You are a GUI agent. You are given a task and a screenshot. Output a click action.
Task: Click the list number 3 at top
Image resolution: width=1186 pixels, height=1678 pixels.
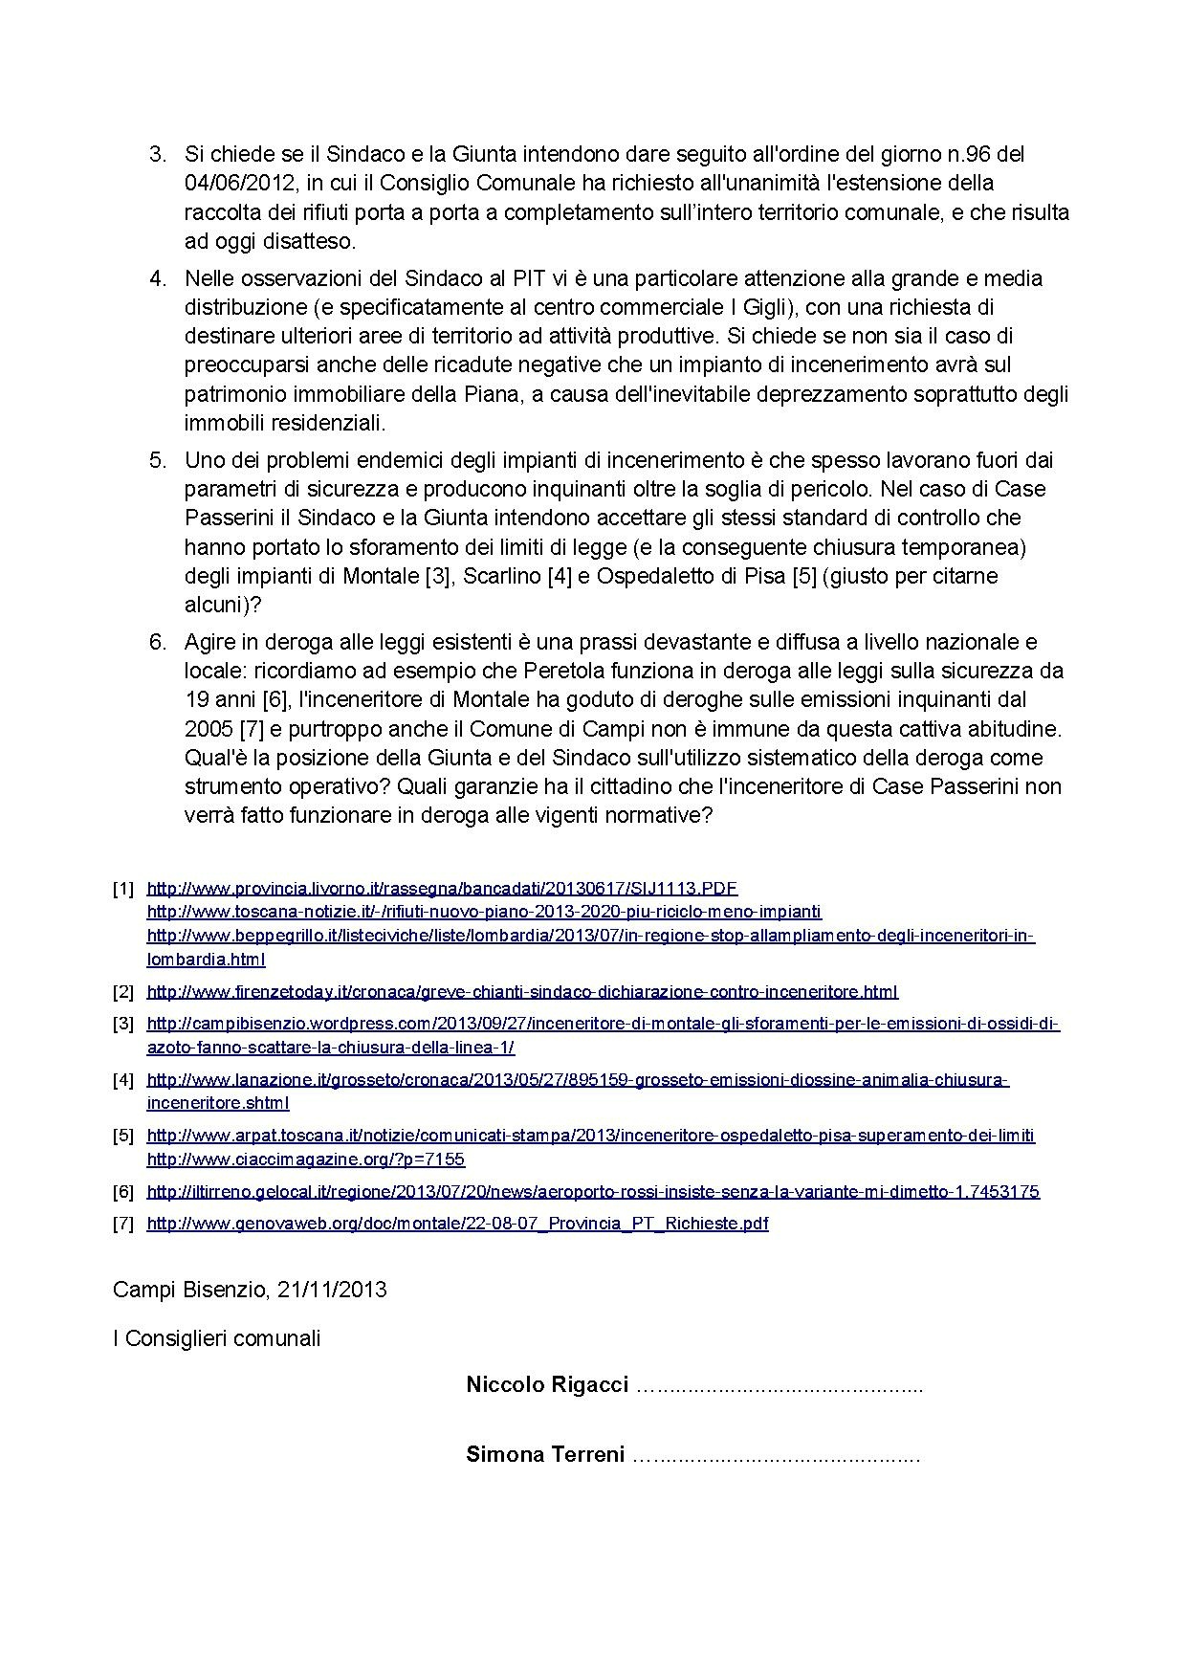pyautogui.click(x=157, y=154)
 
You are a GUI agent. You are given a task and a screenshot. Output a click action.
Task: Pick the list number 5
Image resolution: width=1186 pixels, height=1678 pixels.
pyautogui.click(x=157, y=460)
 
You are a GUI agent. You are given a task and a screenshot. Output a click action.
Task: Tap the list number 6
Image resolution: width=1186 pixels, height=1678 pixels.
pyautogui.click(x=157, y=642)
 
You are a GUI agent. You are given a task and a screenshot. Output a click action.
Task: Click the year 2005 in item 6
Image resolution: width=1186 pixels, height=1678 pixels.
pyautogui.click(x=208, y=729)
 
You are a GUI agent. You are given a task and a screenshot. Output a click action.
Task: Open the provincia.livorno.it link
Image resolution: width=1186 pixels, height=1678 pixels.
pyautogui.click(x=442, y=888)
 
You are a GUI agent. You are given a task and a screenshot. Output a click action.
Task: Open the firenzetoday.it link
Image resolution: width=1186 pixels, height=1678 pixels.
pyautogui.click(x=522, y=991)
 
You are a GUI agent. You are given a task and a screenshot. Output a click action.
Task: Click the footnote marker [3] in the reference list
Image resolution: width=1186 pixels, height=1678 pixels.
pyautogui.click(x=123, y=1024)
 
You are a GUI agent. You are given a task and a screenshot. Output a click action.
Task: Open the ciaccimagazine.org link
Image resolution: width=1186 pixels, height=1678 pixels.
pyautogui.click(x=305, y=1159)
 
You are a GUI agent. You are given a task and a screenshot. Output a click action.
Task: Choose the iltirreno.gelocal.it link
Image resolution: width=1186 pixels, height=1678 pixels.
pyautogui.click(x=593, y=1191)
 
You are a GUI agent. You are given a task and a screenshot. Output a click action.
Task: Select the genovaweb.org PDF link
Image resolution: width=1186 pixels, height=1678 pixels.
pyautogui.click(x=457, y=1224)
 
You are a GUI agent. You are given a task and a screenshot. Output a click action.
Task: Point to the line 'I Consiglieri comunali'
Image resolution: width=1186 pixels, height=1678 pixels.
pyautogui.click(x=216, y=1338)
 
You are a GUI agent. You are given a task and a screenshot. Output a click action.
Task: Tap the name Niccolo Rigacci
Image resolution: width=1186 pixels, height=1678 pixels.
pyautogui.click(x=547, y=1384)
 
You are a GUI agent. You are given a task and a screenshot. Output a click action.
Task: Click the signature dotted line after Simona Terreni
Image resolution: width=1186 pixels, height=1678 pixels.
pyautogui.click(x=777, y=1456)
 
